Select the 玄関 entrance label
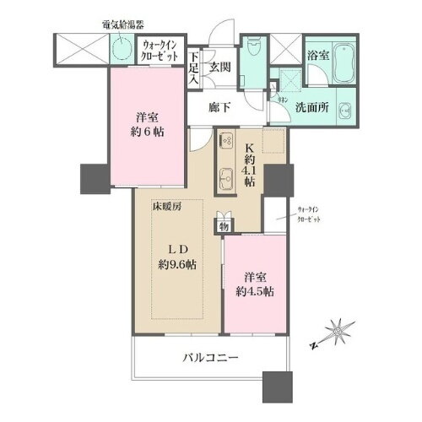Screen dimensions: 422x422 click(221, 68)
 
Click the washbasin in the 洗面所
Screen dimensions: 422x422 click(347, 110)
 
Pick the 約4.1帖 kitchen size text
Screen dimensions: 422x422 click(251, 170)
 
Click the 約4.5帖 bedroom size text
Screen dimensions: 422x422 click(254, 291)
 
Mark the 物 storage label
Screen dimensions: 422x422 click(224, 225)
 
